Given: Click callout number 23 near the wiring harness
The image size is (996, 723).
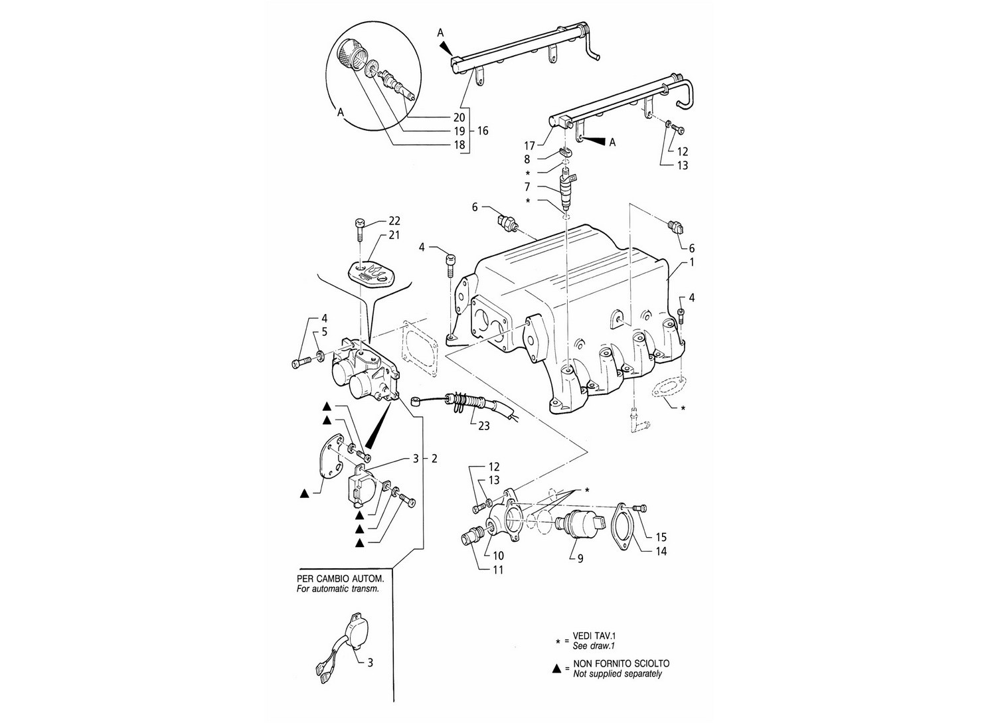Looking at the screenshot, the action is (483, 426).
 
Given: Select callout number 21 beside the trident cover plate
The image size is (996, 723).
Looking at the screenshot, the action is (394, 235).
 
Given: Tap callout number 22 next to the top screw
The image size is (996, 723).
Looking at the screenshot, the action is (394, 220).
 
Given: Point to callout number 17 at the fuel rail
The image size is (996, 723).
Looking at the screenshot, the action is (529, 145).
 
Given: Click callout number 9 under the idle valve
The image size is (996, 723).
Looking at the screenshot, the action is (580, 558).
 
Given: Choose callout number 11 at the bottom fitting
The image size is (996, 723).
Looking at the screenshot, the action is (498, 570).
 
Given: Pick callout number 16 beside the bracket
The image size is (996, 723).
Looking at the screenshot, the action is (483, 131).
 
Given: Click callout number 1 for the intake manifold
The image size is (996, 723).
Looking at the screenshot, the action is (691, 262).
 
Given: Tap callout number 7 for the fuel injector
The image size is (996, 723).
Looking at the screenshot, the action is (527, 187).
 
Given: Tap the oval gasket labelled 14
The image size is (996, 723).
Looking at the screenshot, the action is (623, 528).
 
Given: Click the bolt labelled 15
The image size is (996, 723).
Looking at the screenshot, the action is (639, 508).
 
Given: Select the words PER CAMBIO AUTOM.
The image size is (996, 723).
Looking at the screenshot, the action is (340, 580).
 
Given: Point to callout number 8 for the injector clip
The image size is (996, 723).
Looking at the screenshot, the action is (527, 159).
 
